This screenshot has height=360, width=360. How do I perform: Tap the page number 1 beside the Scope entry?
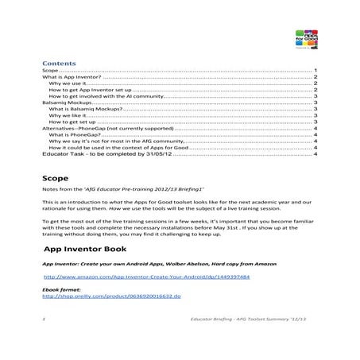coord(315,70)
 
